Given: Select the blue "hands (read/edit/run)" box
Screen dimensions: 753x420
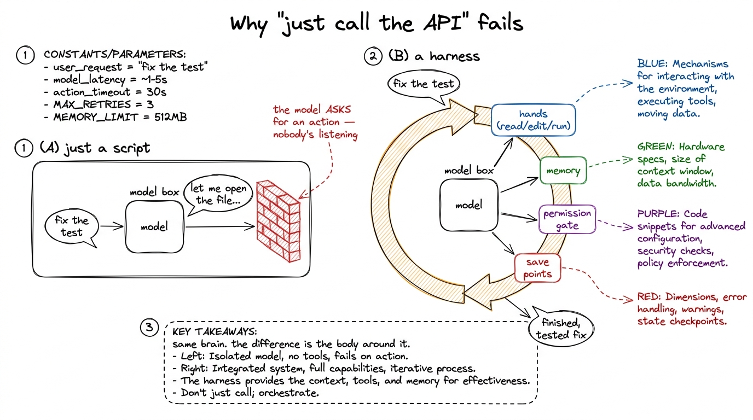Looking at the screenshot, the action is (x=533, y=120).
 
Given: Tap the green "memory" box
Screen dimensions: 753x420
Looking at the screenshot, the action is (x=563, y=171).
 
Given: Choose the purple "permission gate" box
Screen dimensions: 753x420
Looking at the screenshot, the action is (x=567, y=219).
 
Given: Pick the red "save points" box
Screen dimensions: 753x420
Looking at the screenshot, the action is (x=537, y=268).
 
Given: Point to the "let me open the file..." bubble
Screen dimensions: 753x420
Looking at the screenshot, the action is (x=218, y=194).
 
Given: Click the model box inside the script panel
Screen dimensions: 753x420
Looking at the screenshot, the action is (x=155, y=227).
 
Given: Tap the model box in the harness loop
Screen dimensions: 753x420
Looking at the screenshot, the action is (x=469, y=205).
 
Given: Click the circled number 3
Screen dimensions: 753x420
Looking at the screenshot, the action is (x=149, y=327).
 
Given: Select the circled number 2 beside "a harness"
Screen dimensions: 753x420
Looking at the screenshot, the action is (x=373, y=56).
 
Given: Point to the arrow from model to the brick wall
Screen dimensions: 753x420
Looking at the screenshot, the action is (x=220, y=227).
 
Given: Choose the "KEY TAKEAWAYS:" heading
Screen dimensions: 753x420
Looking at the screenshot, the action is (x=215, y=331).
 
